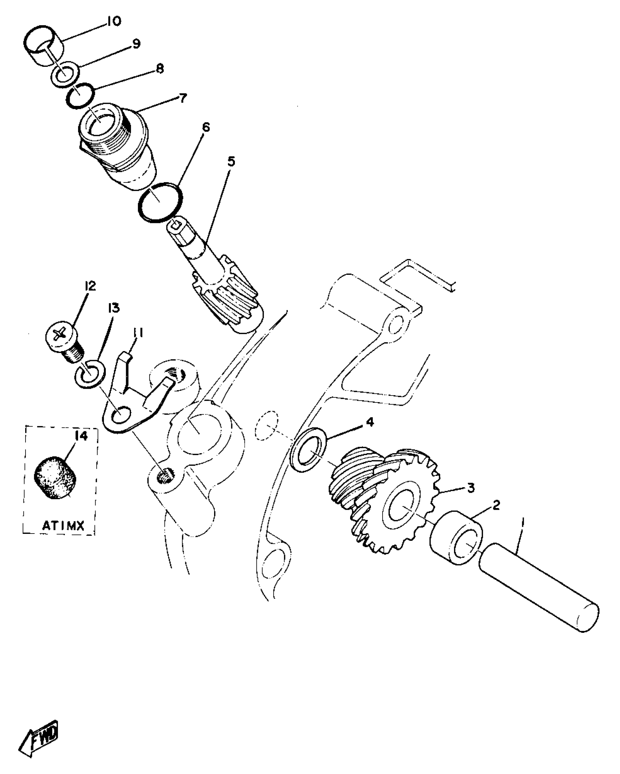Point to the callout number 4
click(369, 422)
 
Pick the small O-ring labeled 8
click(81, 96)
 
